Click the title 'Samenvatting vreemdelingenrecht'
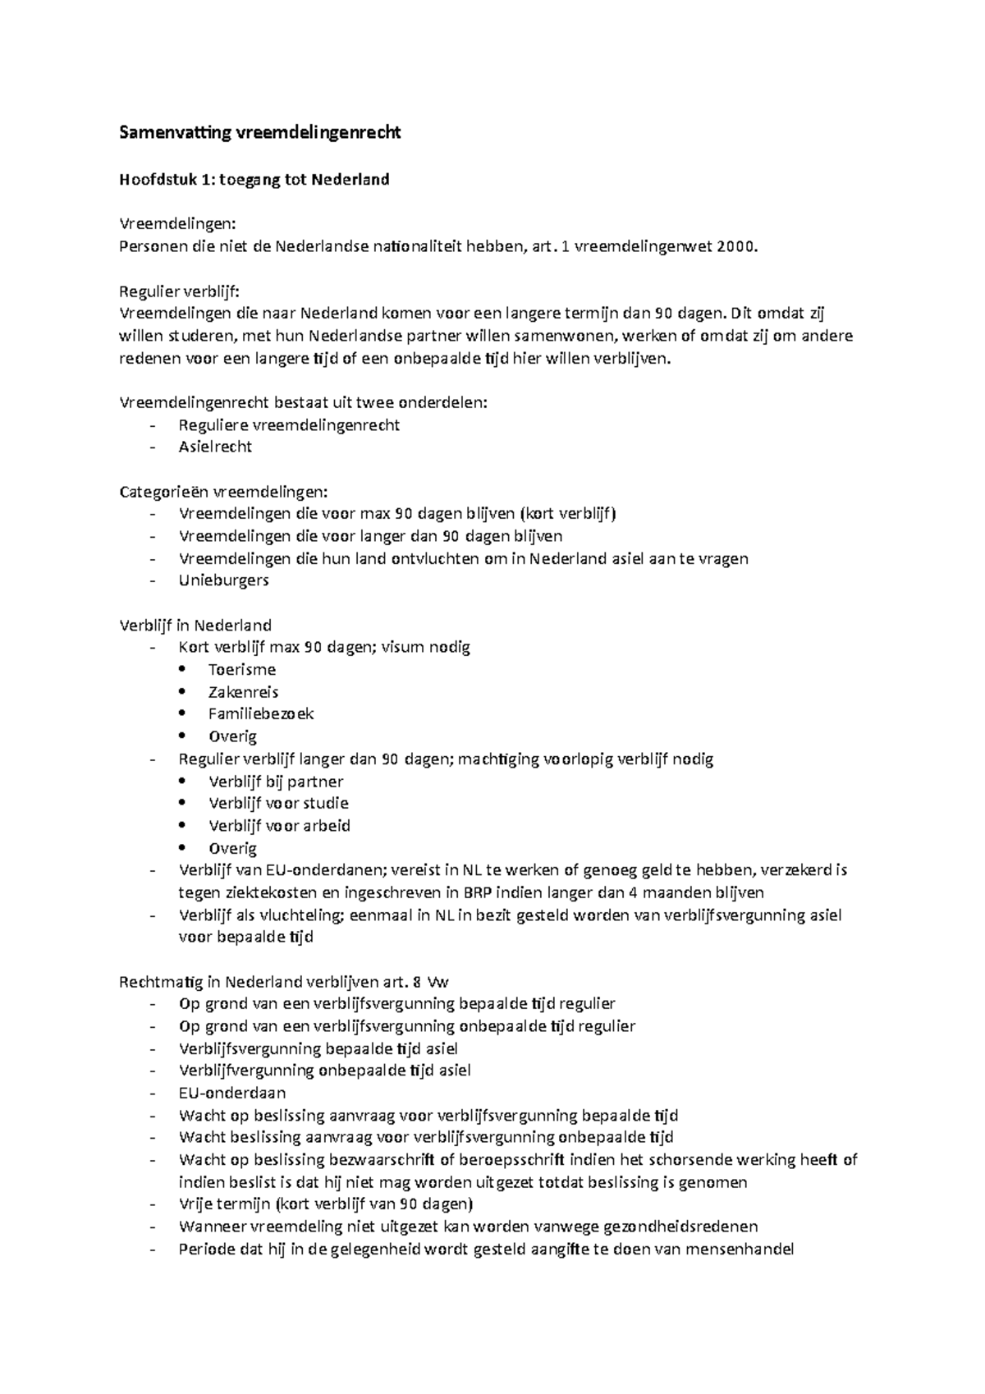click(260, 132)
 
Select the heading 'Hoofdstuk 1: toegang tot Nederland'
click(254, 179)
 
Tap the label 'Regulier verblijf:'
click(180, 291)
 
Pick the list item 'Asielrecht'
click(215, 447)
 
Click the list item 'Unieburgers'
click(223, 580)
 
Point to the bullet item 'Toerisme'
click(242, 669)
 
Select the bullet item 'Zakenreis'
click(243, 692)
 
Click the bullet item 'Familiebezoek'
click(261, 714)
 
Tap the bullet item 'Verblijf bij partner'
click(276, 782)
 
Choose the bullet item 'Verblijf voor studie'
click(278, 803)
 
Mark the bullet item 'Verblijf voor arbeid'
click(279, 826)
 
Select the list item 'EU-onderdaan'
click(232, 1093)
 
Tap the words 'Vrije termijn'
click(224, 1204)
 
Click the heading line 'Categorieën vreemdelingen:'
click(223, 492)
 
